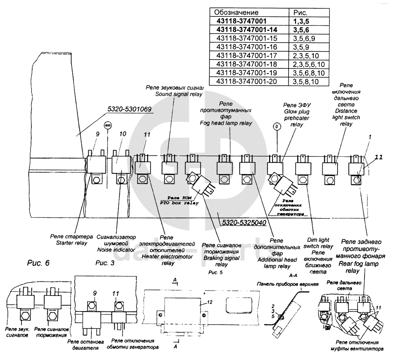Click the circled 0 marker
pyautogui.click(x=277, y=127)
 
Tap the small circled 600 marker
pyautogui.click(x=108, y=126)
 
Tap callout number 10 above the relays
pyautogui.click(x=122, y=134)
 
